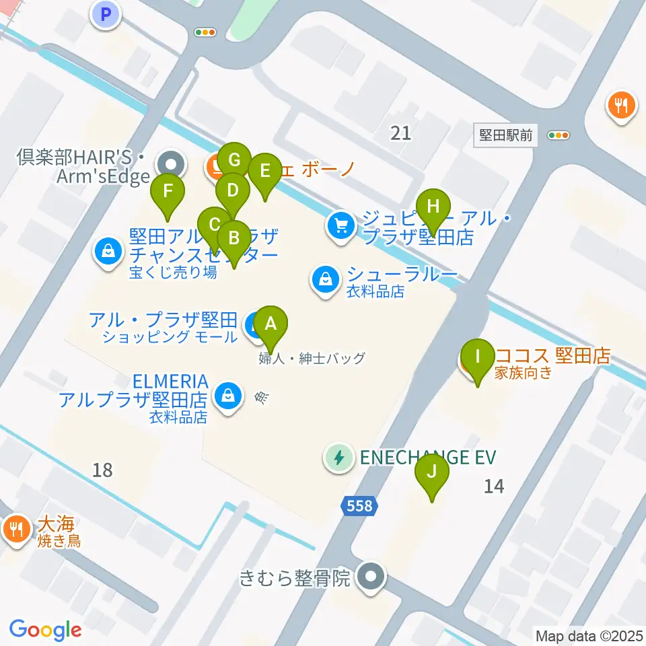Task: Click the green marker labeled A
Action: (271, 324)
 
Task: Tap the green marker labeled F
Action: (168, 189)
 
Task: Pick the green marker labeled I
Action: (478, 354)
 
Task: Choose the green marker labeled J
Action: (431, 469)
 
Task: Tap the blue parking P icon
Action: (106, 13)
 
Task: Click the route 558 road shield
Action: (360, 505)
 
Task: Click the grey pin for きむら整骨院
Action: (370, 577)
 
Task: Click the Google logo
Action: (45, 630)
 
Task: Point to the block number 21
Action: (400, 133)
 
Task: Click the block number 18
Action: (102, 470)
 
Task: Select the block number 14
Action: (493, 485)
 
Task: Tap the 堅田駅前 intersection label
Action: (506, 135)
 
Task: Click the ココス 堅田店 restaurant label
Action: (552, 355)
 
